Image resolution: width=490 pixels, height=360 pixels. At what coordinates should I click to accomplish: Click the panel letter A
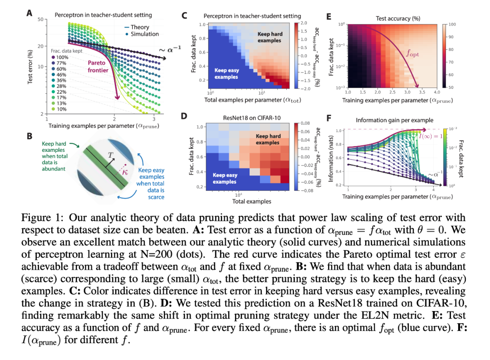29,14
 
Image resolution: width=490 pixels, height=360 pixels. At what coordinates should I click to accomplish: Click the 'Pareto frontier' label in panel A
98,67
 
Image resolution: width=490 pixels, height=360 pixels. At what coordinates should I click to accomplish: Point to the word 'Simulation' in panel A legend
145,34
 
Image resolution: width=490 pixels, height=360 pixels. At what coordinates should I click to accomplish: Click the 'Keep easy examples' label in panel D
225,178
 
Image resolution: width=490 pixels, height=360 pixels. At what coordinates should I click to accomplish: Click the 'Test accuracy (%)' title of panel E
397,19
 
